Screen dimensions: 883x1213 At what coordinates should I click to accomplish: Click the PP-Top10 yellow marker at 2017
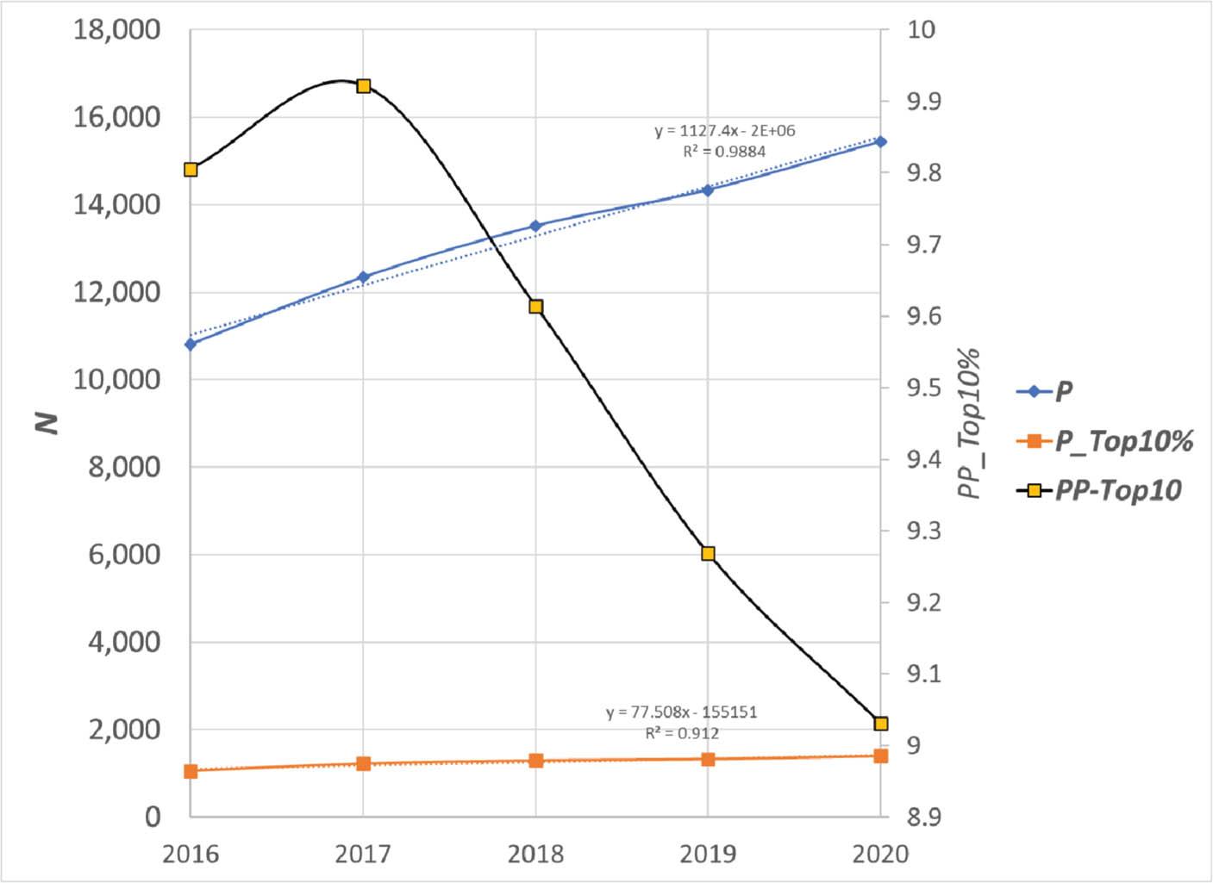click(x=364, y=86)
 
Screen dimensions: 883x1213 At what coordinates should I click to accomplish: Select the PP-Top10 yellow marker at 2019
click(x=708, y=554)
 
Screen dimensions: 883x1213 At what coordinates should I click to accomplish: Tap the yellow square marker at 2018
click(x=535, y=307)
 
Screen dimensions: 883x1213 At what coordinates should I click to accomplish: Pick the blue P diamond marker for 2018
click(x=535, y=227)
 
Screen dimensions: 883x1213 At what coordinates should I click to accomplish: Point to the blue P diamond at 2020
click(x=880, y=141)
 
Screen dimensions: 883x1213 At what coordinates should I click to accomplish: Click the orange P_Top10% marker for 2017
click(x=364, y=763)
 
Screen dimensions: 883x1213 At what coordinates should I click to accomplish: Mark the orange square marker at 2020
click(x=880, y=756)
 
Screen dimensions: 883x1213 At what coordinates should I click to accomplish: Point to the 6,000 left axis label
click(x=124, y=554)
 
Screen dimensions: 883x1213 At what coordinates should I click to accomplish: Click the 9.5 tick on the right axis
click(x=923, y=388)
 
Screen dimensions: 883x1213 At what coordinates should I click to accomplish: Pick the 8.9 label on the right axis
click(x=923, y=817)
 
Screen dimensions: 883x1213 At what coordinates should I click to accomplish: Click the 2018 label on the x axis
click(x=535, y=854)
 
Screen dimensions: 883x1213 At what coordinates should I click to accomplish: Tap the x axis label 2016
click(x=191, y=854)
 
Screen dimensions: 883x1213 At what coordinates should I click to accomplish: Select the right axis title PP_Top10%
click(x=971, y=423)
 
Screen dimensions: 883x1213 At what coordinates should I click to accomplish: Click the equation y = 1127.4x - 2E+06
click(x=724, y=131)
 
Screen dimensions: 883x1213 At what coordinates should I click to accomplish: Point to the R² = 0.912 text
click(x=682, y=733)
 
